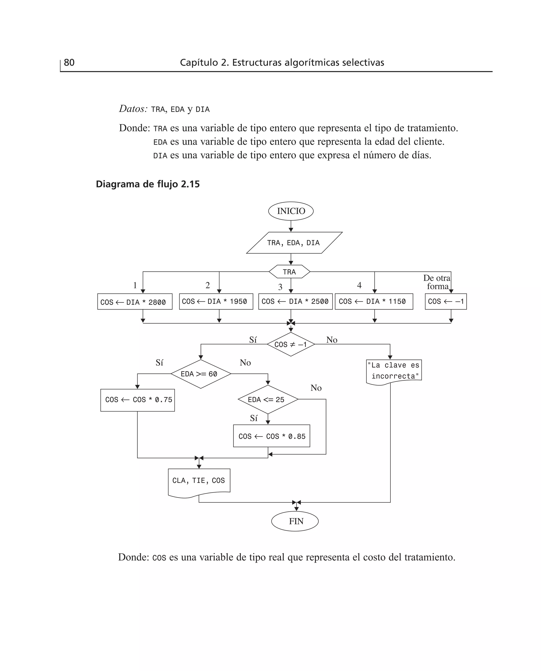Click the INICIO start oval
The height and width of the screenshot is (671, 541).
[x=291, y=211]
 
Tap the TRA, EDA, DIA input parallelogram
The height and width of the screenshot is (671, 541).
[x=293, y=243]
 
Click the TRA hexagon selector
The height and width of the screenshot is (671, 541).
[x=290, y=272]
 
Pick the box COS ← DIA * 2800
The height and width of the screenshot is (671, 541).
[x=135, y=302]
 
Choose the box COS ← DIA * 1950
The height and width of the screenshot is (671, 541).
[x=216, y=301]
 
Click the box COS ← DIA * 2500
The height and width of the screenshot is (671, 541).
[x=295, y=301]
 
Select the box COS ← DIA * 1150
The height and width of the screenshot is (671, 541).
[x=374, y=301]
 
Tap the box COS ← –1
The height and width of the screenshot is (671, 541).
[x=446, y=301]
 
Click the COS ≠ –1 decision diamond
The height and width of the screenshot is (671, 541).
[x=291, y=344]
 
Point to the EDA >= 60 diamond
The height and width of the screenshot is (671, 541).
[x=201, y=374]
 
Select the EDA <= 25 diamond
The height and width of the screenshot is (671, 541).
[x=268, y=399]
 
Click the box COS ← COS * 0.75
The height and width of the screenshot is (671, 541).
[x=137, y=400]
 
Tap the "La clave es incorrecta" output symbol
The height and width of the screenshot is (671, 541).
[x=394, y=371]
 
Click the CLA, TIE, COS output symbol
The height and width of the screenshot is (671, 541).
[x=199, y=481]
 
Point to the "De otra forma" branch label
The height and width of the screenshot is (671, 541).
[x=437, y=282]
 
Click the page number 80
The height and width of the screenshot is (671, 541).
[x=69, y=63]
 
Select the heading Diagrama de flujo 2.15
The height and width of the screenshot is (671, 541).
[x=148, y=184]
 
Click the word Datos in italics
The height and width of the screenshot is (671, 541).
[x=133, y=109]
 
